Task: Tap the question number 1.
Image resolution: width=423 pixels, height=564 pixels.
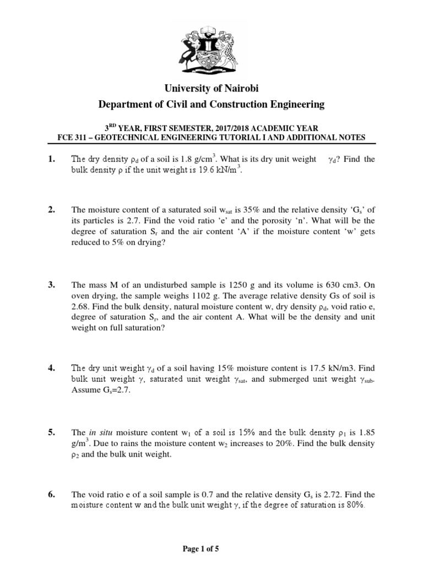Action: (x=52, y=159)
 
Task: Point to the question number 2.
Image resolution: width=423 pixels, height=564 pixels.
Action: (x=52, y=210)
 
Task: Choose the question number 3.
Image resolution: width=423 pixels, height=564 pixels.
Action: (x=52, y=285)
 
